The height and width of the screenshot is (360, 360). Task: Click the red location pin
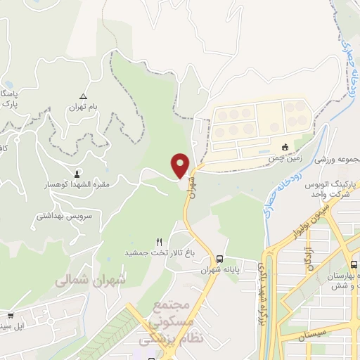181,165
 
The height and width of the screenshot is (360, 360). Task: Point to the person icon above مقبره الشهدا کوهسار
77,172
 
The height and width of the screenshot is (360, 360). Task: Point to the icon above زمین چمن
285,148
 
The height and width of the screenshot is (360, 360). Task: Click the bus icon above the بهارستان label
354,265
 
